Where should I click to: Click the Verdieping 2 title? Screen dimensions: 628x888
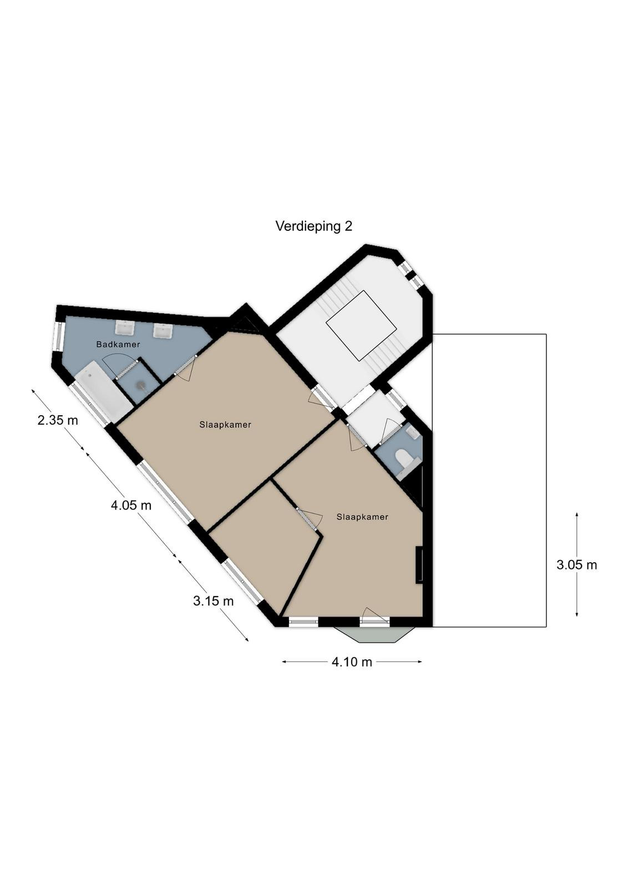tap(313, 226)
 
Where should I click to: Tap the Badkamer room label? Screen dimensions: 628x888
tap(118, 345)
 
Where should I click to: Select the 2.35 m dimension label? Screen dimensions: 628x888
tap(58, 420)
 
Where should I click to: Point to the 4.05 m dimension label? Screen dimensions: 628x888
tap(131, 506)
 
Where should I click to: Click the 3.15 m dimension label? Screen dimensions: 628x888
tap(213, 601)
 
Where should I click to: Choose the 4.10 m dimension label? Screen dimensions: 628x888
tap(352, 662)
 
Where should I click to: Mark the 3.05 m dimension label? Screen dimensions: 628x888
tap(576, 564)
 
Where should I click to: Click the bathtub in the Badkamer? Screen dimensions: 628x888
tap(103, 392)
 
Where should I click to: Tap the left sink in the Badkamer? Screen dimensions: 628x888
tap(125, 327)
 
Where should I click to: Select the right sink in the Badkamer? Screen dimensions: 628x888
tap(163, 330)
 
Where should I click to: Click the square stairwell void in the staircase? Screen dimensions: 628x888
tap(361, 325)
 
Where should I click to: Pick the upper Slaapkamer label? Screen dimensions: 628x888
tap(225, 425)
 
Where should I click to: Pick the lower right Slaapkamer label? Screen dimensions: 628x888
tap(362, 517)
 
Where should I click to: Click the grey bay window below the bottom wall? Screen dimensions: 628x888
tap(374, 634)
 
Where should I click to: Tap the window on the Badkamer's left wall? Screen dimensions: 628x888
tap(58, 336)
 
